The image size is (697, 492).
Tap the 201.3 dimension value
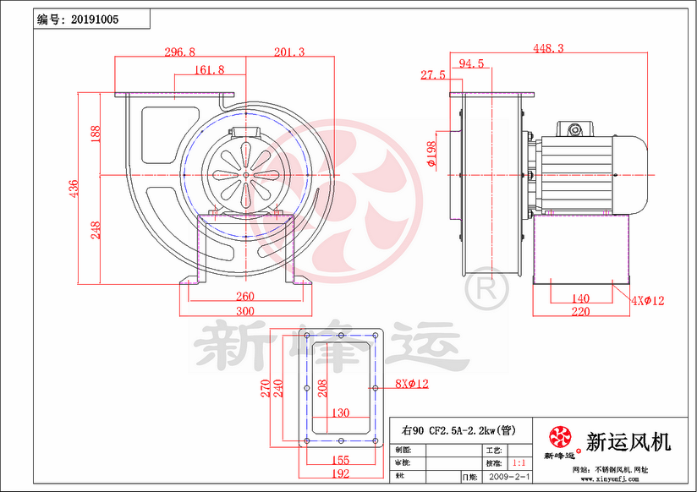[288, 52]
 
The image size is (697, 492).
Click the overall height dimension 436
[74, 188]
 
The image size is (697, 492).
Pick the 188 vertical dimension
[96, 134]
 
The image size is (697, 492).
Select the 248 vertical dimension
[96, 229]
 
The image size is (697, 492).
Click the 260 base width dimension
[244, 297]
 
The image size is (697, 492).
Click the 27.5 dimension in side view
[432, 75]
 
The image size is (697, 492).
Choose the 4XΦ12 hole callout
[647, 300]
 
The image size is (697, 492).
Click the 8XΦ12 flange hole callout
[412, 384]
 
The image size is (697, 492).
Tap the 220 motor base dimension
[579, 312]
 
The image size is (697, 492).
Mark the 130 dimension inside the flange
[338, 413]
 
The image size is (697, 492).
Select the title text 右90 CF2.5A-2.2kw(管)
[449, 430]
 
